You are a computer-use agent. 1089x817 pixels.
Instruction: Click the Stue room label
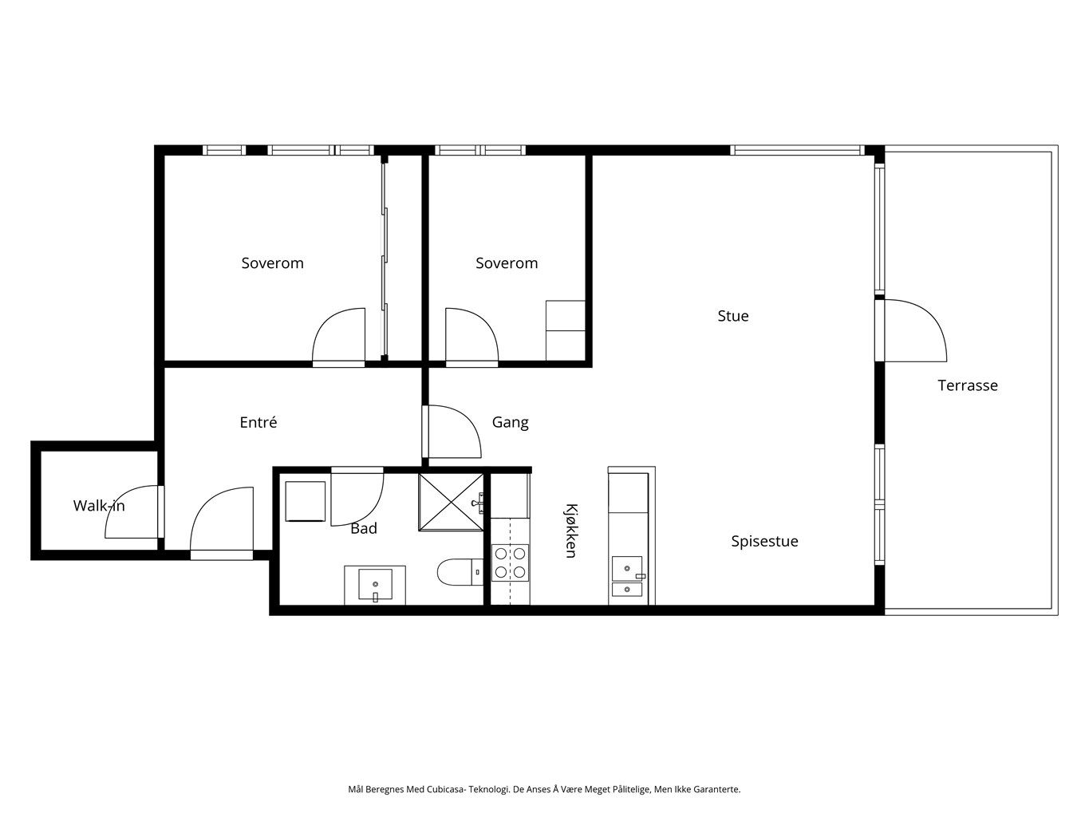(732, 316)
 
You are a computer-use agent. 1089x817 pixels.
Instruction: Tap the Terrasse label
(967, 385)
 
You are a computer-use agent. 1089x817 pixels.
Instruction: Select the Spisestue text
(764, 541)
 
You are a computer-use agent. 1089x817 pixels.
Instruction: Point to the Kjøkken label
(571, 531)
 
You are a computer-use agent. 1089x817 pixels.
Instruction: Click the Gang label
(510, 423)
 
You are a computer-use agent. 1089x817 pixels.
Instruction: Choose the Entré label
(258, 422)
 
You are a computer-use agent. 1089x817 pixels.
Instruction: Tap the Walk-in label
(99, 506)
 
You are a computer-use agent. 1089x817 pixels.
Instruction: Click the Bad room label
(364, 528)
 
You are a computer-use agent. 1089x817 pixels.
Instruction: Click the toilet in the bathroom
(460, 572)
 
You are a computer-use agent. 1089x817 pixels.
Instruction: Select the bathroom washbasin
(375, 585)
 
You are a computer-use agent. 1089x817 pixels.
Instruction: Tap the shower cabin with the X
(451, 502)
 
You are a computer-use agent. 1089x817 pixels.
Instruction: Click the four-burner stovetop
(510, 562)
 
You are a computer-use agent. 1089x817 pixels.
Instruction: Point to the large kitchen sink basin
(627, 569)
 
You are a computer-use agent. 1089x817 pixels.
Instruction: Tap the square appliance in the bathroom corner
(306, 501)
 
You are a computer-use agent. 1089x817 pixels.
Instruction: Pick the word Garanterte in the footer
(716, 789)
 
